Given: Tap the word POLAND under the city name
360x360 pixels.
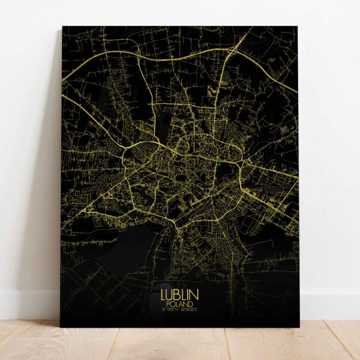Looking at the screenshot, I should [x=179, y=304].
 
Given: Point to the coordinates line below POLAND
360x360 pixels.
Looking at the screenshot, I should [x=179, y=310].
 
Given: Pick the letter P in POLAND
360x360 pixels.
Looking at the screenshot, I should [x=171, y=304].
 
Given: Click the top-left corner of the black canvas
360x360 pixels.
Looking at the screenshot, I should [x=62, y=27].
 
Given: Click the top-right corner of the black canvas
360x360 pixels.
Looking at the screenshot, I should [x=298, y=26].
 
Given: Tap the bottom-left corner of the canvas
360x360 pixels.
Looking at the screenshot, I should [x=61, y=326].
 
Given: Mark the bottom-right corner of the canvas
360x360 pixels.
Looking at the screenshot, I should [x=299, y=326].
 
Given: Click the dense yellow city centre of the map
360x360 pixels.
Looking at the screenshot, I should [x=180, y=162].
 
